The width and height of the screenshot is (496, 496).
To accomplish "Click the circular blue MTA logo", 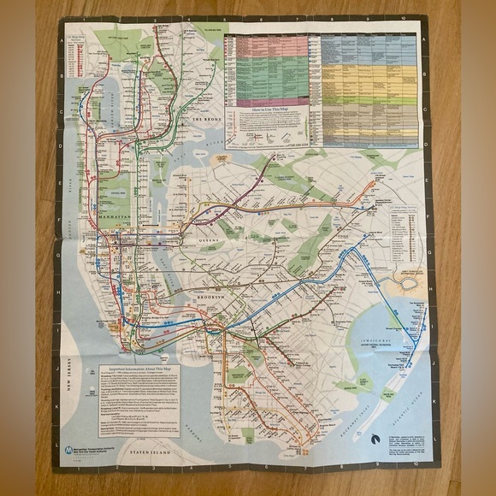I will [x=67, y=448].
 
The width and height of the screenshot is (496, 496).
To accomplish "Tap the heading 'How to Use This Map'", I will [x=266, y=110].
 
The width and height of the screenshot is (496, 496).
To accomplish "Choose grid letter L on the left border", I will [x=56, y=421].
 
